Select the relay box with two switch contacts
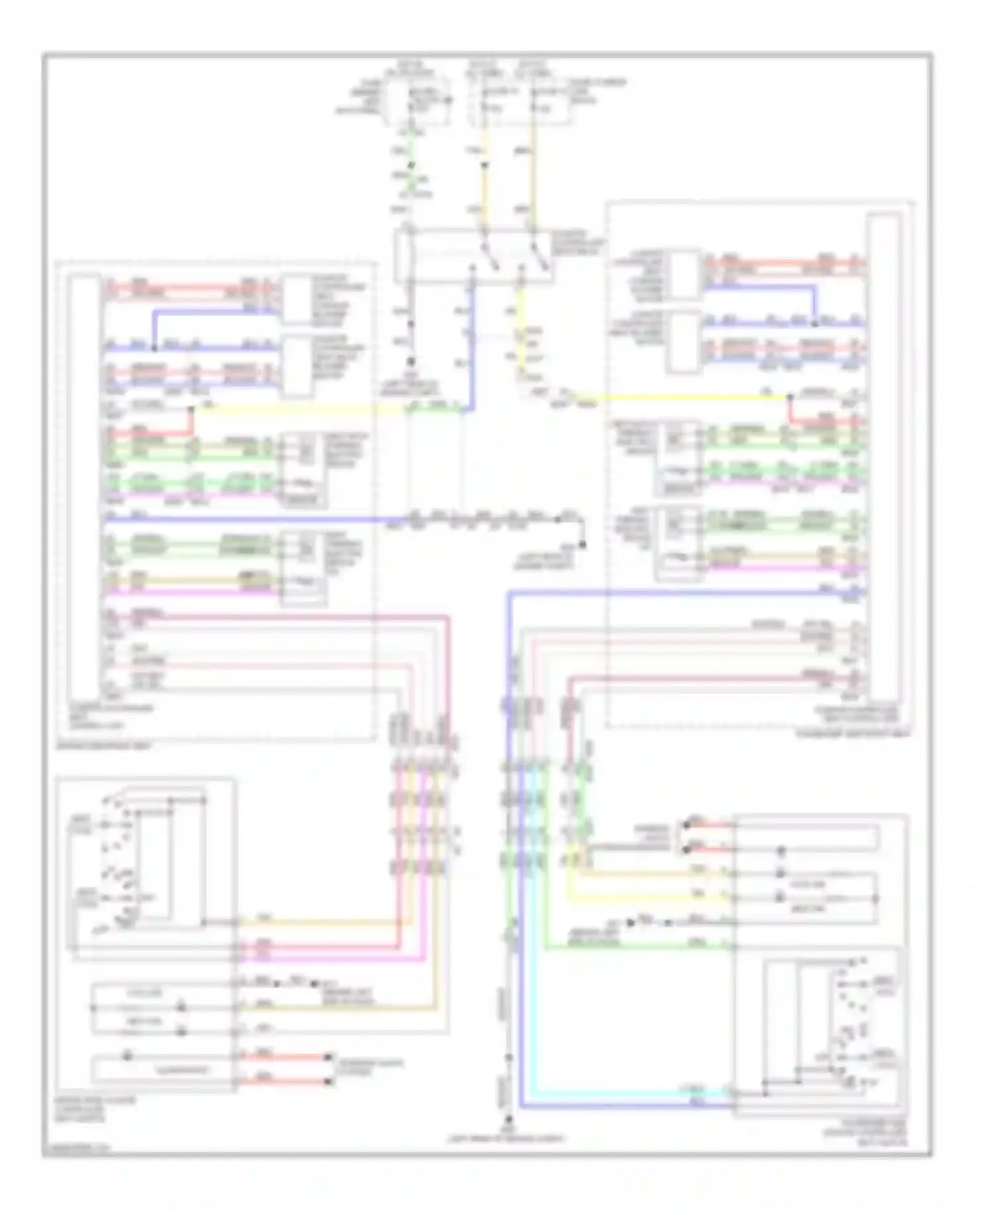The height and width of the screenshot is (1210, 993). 473,256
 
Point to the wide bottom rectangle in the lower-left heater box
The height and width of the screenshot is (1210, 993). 162,1069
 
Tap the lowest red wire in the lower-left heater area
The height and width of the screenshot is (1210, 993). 285,1082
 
